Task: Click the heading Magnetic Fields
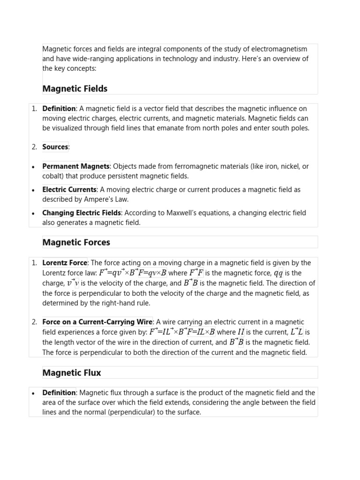tap(75, 89)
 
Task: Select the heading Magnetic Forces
tap(76, 242)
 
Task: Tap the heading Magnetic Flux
tap(71, 373)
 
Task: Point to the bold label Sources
tap(55, 147)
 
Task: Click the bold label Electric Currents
tap(69, 189)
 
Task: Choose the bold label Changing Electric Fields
tap(82, 213)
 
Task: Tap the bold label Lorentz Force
tap(65, 262)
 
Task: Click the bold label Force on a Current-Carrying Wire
tap(97, 322)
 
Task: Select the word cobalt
tap(52, 176)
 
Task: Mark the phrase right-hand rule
tap(127, 303)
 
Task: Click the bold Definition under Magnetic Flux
tap(59, 392)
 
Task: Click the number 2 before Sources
tap(34, 147)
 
